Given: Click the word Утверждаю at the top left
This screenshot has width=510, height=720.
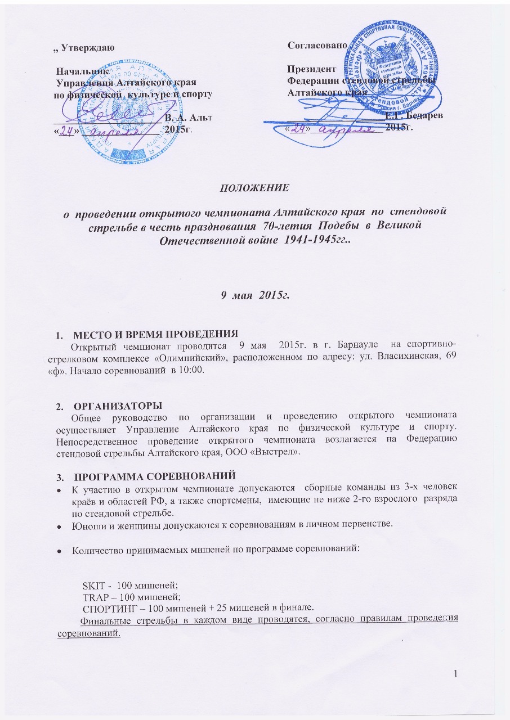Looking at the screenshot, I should [x=88, y=48].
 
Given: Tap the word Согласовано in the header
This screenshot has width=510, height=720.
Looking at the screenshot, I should [x=313, y=44].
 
